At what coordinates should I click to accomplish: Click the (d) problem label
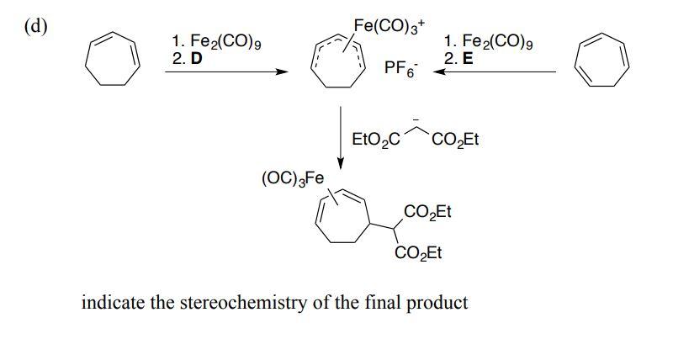(35, 24)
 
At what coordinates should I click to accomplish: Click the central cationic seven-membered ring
(336, 66)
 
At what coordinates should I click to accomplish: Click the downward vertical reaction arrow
(341, 135)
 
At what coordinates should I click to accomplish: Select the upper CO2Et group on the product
(427, 211)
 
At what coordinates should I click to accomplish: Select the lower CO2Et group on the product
(418, 253)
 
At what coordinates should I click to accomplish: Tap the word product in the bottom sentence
(437, 303)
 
